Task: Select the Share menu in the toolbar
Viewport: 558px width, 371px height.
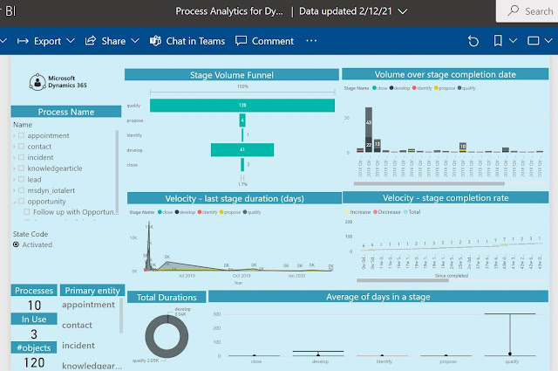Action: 112,41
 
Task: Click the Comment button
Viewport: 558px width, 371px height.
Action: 266,41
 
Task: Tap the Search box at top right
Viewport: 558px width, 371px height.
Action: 528,11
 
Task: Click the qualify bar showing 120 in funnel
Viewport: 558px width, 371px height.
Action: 242,105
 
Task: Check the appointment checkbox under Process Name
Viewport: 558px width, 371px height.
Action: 21,136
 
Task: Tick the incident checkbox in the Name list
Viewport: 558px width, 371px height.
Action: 21,158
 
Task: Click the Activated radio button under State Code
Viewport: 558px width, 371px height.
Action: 16,244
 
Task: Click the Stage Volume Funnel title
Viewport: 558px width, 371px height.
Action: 230,75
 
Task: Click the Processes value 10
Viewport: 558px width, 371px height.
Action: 35,306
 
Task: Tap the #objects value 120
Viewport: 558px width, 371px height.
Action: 34,362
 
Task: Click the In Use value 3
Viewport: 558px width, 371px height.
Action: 34,334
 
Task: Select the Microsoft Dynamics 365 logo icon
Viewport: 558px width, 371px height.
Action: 37,83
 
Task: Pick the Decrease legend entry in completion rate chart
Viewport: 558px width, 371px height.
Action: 386,212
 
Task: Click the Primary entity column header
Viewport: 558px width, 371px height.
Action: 92,291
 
